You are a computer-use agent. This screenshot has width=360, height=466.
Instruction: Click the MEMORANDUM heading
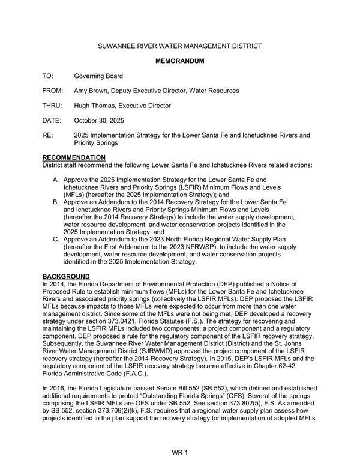[180, 61]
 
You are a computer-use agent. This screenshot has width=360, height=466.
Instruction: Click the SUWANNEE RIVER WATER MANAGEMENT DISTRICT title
[180, 46]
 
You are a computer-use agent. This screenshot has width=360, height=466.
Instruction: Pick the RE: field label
[47, 135]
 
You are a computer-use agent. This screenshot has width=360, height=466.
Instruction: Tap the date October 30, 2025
[99, 121]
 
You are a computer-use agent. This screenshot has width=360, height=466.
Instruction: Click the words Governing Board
[98, 76]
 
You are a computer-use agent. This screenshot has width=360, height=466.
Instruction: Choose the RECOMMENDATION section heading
[74, 158]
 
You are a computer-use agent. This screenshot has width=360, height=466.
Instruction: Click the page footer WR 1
[180, 451]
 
